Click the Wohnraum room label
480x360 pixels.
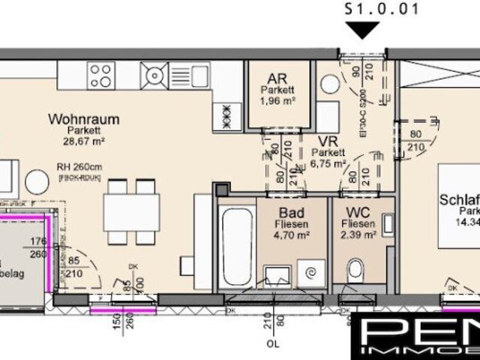tap(83, 118)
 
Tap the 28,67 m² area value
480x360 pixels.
tap(83, 140)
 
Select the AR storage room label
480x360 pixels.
tap(278, 78)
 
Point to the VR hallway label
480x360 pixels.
tap(325, 141)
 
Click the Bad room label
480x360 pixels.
tap(292, 212)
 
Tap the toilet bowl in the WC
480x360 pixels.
tap(356, 268)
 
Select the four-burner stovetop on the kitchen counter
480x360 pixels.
tap(101, 74)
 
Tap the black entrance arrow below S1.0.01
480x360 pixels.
tap(366, 31)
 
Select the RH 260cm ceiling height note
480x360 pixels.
tap(78, 167)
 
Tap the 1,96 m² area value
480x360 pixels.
tap(278, 100)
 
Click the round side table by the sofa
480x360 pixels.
tap(37, 182)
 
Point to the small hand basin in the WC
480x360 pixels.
tap(387, 223)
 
